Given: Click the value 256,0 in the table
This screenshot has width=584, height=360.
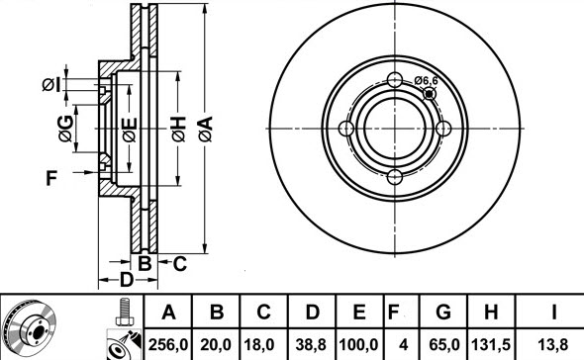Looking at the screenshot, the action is click(x=168, y=345).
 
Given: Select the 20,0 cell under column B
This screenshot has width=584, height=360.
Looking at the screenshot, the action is click(x=216, y=345).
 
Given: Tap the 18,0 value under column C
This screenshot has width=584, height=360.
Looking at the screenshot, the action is click(x=259, y=345).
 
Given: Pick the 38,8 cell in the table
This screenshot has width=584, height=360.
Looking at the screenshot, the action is click(x=311, y=345).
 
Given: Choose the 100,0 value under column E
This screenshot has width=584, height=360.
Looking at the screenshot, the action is click(x=358, y=345).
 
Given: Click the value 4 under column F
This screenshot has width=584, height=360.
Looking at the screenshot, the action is click(x=403, y=345).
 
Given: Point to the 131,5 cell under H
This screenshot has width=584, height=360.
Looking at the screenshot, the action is click(x=491, y=345).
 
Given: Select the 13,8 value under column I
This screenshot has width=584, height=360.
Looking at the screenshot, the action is click(x=553, y=345).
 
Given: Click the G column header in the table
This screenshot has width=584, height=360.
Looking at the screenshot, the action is click(x=443, y=312).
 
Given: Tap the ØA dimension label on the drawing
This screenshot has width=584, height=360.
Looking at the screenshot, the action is click(x=205, y=129).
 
